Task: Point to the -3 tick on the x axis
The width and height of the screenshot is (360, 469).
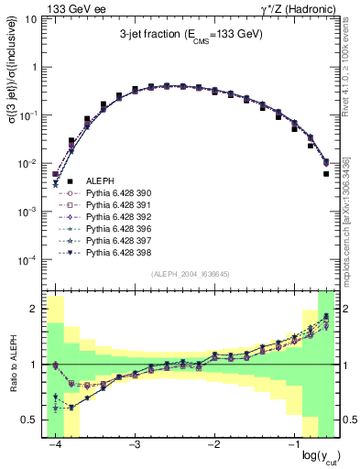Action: coord(135,444)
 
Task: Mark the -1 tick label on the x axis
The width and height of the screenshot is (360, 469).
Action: coord(294,444)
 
